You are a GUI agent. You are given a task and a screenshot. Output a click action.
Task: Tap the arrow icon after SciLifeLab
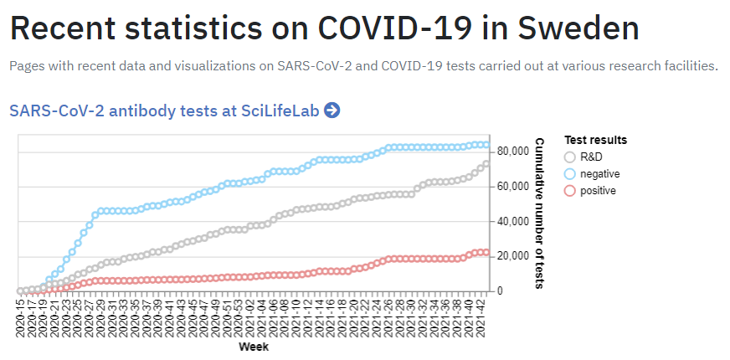pyautogui.click(x=332, y=111)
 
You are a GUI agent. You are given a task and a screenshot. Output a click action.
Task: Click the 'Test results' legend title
pyautogui.click(x=595, y=140)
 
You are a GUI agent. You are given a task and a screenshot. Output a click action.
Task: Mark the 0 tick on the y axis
pyautogui.click(x=500, y=291)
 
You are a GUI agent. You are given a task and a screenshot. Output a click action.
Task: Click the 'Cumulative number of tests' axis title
pyautogui.click(x=540, y=214)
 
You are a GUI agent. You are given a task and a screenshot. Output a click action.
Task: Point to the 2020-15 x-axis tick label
pyautogui.click(x=21, y=317)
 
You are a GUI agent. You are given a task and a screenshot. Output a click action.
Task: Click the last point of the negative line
pyautogui.click(x=486, y=145)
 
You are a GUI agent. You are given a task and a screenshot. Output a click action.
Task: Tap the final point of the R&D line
pyautogui.click(x=486, y=164)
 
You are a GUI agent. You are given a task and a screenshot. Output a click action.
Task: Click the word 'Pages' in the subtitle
pyautogui.click(x=28, y=66)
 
